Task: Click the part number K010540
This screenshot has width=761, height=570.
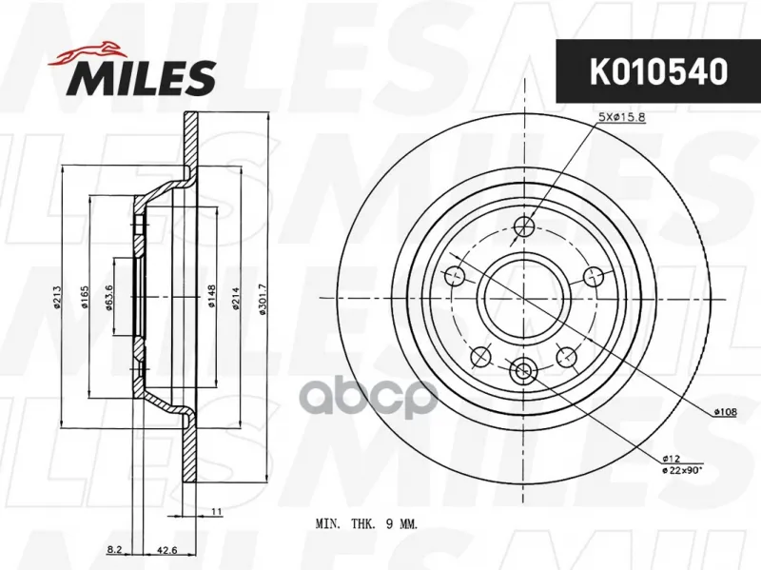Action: coord(658,71)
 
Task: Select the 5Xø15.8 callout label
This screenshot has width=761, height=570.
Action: coord(622,117)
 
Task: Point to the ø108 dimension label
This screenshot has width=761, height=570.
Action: coord(725,412)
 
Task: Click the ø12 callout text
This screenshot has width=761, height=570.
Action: coord(672,459)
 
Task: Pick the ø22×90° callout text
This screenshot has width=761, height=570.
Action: coord(682,469)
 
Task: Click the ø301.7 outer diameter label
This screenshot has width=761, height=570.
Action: coord(263,299)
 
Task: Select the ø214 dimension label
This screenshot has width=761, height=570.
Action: coord(236,299)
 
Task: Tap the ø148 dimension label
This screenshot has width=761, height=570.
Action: coord(211,296)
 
